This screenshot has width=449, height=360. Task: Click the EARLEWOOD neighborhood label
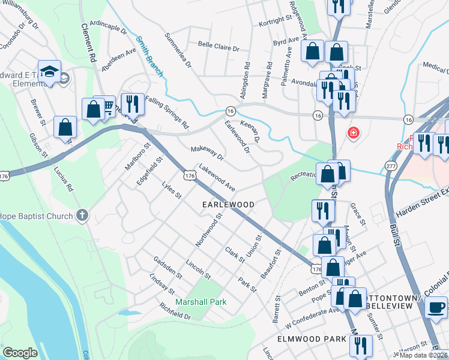point(228,205)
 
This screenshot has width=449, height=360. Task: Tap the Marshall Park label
point(200,302)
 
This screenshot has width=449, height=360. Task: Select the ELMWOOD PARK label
point(312,339)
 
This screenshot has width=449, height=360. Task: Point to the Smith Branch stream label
point(149,57)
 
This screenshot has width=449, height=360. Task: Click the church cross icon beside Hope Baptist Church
point(82,215)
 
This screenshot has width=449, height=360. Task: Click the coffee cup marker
point(436,308)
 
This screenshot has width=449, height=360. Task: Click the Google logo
point(20,352)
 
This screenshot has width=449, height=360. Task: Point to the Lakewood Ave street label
point(217,175)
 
